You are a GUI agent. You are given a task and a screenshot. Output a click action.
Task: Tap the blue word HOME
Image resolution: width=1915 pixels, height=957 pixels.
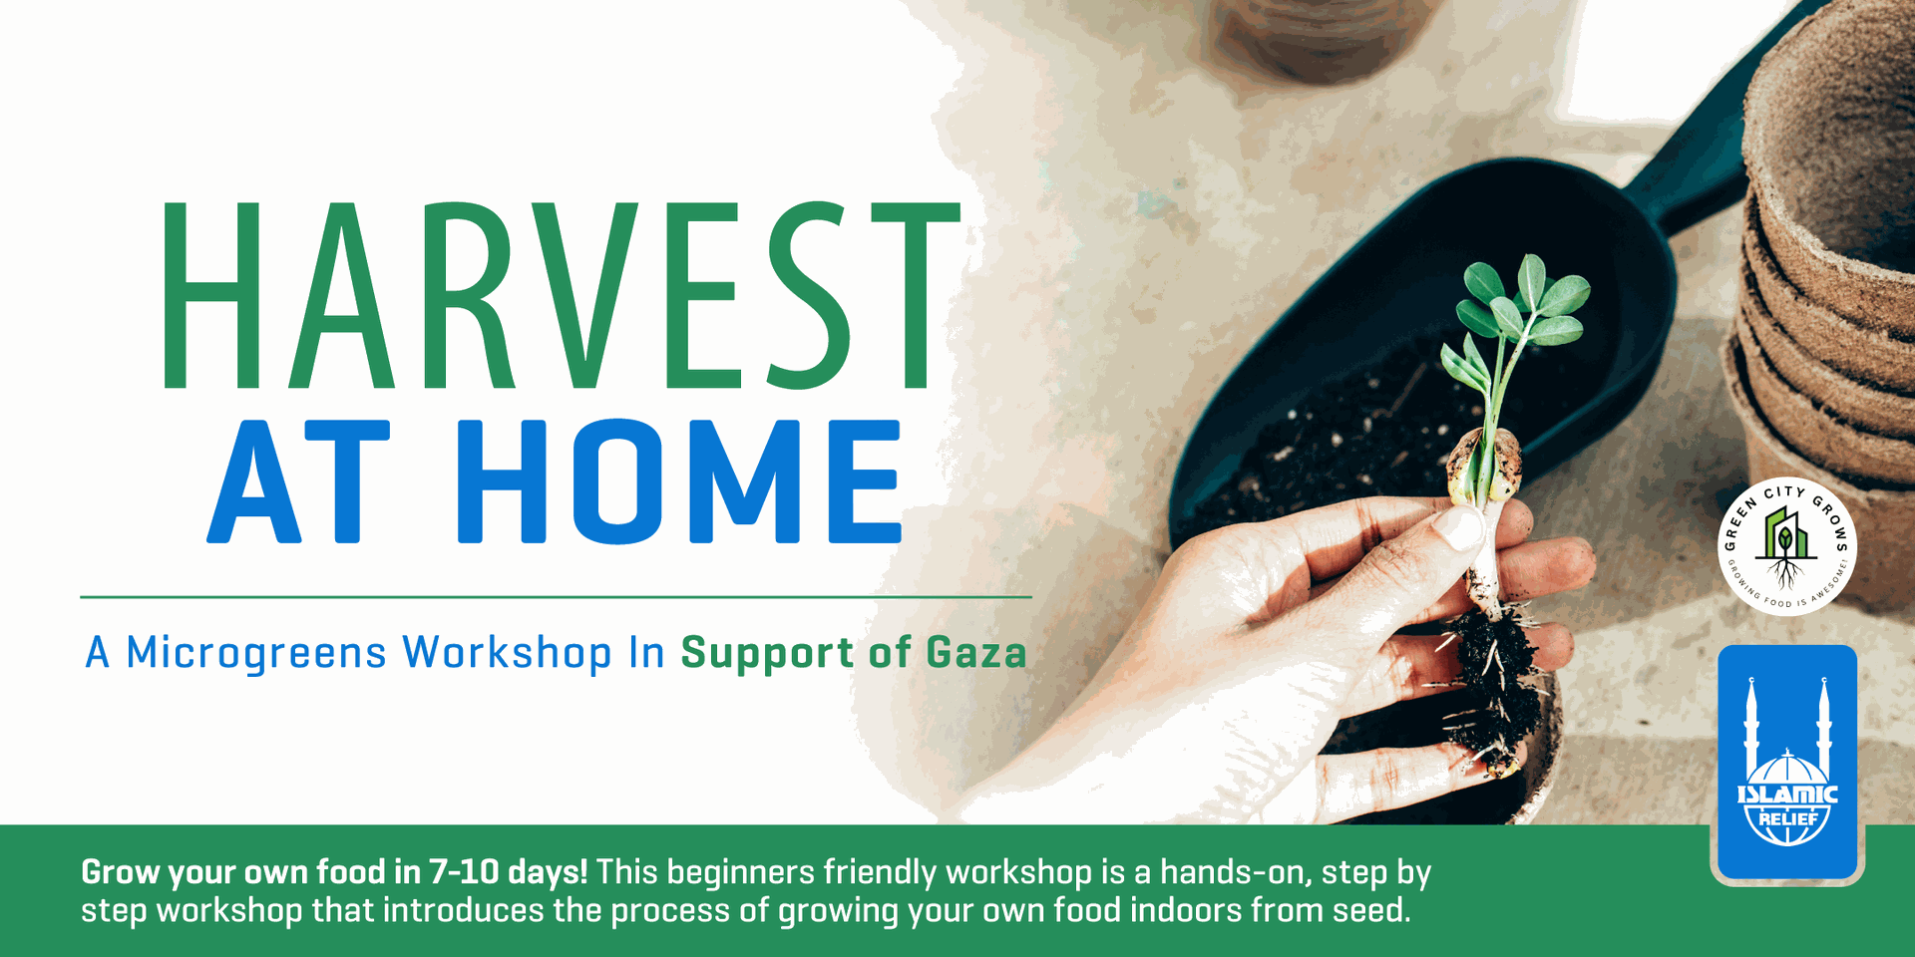coord(679,481)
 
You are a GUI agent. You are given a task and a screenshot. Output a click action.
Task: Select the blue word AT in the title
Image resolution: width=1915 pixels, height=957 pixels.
coord(298,481)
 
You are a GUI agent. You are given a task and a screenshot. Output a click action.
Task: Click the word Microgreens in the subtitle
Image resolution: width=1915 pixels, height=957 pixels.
coord(256,653)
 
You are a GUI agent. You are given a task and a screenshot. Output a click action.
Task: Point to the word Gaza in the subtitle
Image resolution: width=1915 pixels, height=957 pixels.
coord(976,653)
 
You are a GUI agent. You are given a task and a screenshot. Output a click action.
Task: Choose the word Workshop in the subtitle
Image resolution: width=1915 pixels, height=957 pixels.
coord(507,653)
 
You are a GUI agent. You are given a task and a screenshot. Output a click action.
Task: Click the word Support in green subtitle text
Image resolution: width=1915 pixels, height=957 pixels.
coord(767,654)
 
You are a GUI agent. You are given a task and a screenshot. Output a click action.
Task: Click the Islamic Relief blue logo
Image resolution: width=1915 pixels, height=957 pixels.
coord(1787,764)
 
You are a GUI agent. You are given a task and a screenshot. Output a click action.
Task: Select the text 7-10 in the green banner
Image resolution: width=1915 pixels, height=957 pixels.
coord(464,872)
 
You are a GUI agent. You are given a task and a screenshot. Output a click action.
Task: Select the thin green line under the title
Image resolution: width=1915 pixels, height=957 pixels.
coord(556,597)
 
